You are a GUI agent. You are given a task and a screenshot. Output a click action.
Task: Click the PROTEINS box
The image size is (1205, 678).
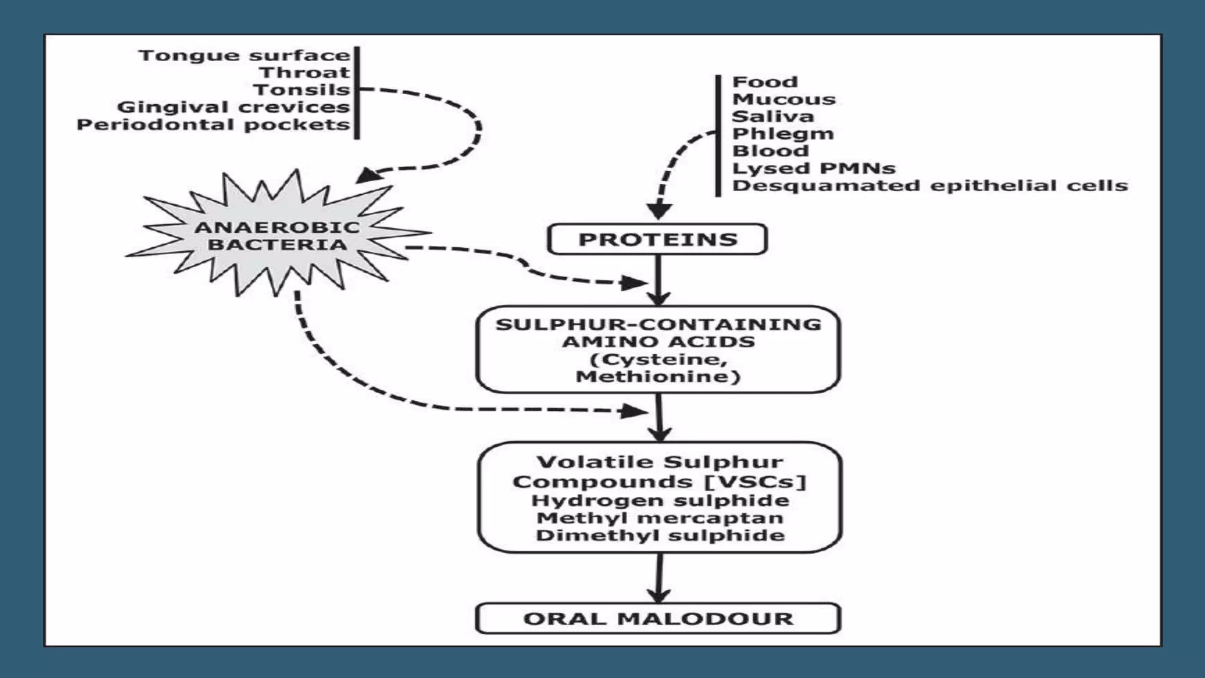point(657,240)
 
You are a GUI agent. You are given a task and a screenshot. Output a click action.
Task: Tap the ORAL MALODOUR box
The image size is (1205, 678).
point(658,619)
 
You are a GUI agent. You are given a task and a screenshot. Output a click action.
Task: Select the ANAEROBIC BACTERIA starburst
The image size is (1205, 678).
point(277,236)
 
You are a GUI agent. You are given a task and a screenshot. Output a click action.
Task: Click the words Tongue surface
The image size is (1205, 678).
point(244,55)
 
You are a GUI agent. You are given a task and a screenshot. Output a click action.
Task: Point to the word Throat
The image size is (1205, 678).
point(305,72)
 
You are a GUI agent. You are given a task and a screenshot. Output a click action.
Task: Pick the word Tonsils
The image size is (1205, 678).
point(301,90)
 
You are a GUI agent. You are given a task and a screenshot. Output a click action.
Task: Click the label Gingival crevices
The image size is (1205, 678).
point(233,107)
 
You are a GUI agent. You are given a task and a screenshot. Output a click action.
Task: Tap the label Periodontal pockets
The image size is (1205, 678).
point(213,125)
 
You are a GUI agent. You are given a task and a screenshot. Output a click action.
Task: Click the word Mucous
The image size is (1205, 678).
point(783,99)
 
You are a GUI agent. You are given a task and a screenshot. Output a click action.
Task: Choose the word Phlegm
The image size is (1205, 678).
point(783,134)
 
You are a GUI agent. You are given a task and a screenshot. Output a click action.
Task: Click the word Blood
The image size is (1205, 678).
point(770,151)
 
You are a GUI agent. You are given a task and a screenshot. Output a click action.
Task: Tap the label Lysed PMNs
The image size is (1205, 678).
point(813,168)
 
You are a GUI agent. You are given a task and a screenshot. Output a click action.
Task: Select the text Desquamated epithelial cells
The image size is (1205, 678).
point(930,186)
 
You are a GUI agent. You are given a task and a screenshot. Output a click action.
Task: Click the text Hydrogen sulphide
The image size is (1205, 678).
point(660,501)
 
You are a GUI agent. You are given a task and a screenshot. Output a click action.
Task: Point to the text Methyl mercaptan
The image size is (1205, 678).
point(660,518)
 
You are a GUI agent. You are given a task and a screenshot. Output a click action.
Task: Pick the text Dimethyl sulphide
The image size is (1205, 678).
point(660,536)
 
